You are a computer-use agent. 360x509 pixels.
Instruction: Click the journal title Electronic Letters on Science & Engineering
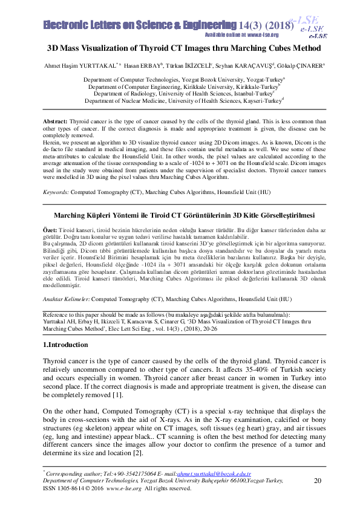139,25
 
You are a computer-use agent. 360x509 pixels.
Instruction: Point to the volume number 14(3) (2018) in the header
267,25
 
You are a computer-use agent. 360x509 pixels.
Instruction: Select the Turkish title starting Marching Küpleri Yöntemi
180,215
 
